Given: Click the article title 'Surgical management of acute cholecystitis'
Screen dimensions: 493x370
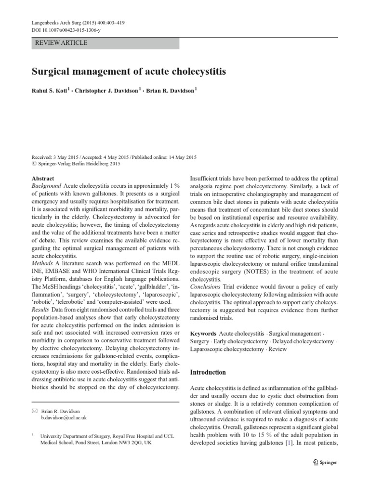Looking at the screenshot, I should (129, 72).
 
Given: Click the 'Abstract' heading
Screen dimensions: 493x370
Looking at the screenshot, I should (42, 178).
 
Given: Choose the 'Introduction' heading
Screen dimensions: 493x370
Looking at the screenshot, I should (208, 372).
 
